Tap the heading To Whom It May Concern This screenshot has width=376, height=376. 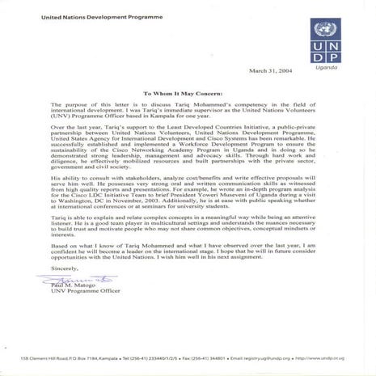(188, 93)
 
